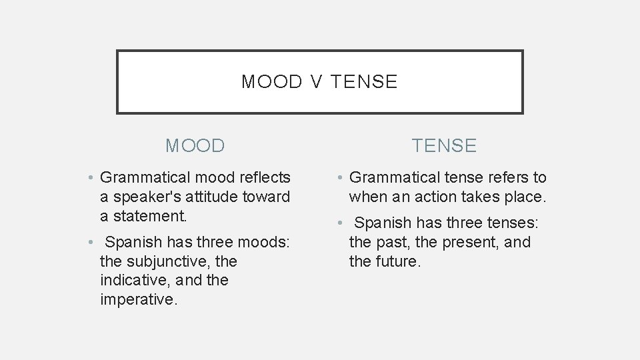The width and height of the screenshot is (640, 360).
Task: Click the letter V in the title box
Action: click(316, 82)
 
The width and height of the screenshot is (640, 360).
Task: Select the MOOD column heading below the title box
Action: click(195, 145)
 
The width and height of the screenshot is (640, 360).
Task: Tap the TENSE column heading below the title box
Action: click(445, 145)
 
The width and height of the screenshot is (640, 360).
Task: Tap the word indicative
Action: click(134, 280)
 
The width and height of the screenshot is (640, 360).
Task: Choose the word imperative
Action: click(139, 299)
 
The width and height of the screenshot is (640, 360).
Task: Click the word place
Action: click(526, 197)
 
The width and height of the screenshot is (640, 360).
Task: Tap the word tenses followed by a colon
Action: click(511, 223)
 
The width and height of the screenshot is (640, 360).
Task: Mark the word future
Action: click(397, 261)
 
